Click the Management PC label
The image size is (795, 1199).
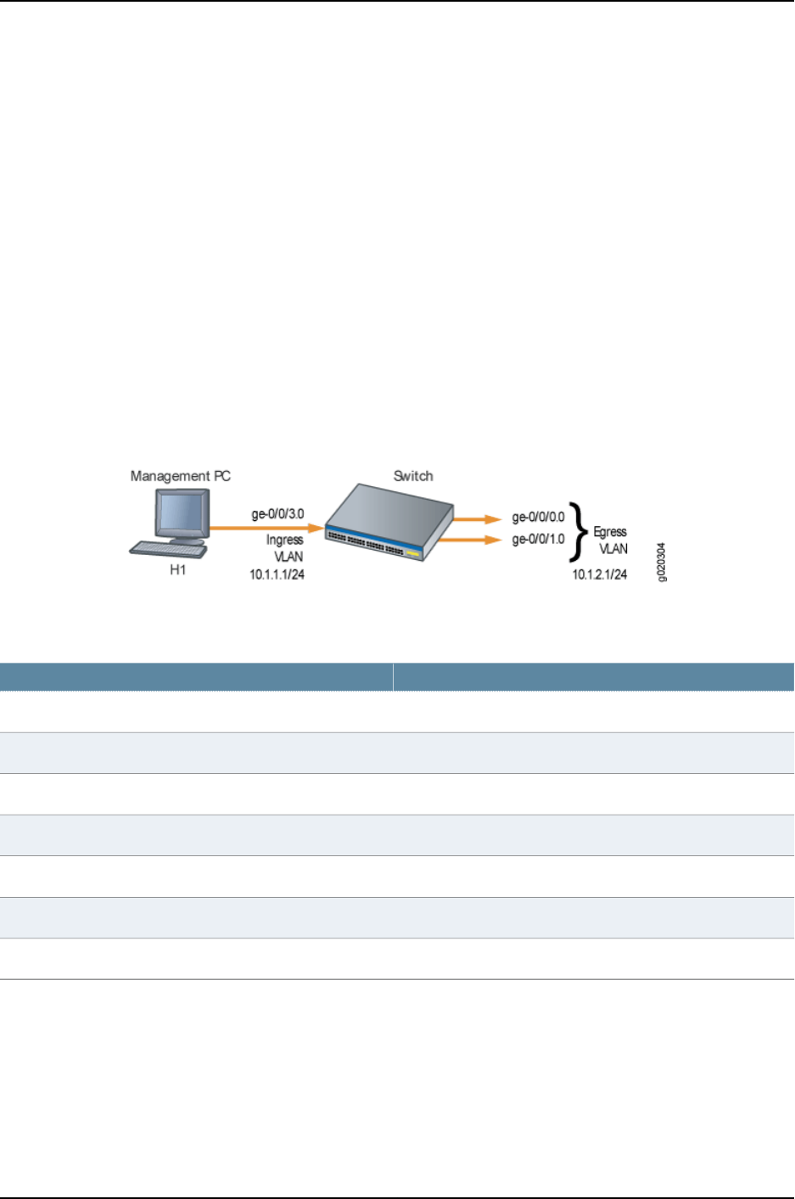(x=180, y=476)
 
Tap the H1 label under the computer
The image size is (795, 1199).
(x=177, y=570)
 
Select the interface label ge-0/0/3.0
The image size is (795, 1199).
(x=277, y=514)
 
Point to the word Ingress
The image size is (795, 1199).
(x=284, y=540)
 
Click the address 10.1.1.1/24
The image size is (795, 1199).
(x=277, y=574)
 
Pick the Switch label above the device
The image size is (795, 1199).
(x=413, y=476)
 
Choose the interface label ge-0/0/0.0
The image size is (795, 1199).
(x=538, y=517)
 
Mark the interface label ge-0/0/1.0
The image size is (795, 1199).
(x=538, y=539)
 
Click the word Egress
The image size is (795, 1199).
(x=610, y=532)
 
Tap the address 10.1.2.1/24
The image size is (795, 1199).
(x=600, y=574)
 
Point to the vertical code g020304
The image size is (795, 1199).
(x=663, y=562)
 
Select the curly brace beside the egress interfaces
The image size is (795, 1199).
(x=579, y=532)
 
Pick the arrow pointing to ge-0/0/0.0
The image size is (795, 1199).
(x=479, y=518)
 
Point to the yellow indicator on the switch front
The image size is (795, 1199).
(x=412, y=553)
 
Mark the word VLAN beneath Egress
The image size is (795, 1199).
(x=613, y=549)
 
